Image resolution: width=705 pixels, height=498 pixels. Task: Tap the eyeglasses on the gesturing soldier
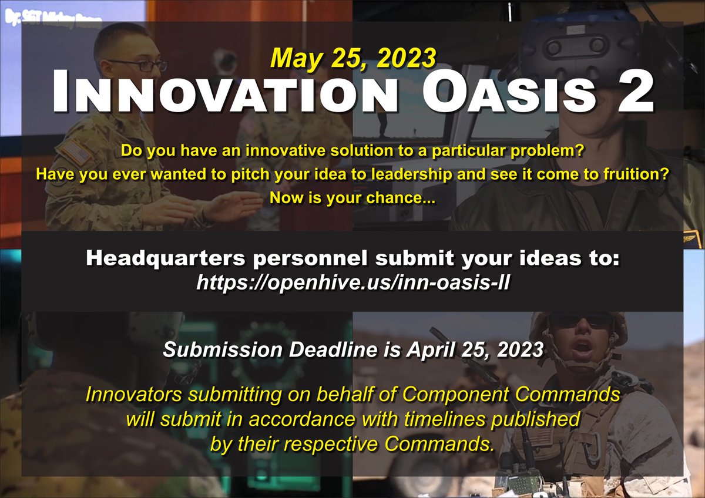coord(140,64)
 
